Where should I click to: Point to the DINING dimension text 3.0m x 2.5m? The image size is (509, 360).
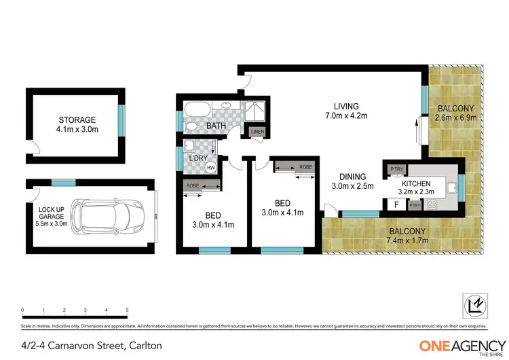click(352, 187)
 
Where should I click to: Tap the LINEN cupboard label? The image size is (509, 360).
click(257, 131)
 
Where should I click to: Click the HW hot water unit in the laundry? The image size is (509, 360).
click(210, 166)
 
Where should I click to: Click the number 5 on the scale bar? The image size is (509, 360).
click(127, 310)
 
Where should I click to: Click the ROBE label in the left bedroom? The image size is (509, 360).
click(192, 185)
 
